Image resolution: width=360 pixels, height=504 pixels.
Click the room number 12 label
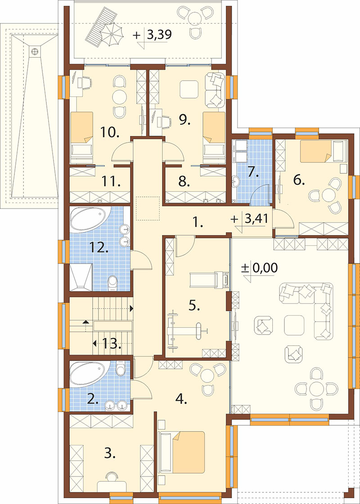[x=99, y=248]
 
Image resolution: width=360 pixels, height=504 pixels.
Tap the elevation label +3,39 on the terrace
[x=153, y=34]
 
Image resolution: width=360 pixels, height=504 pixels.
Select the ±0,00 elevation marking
[x=260, y=268]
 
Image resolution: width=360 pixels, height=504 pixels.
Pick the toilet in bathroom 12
[x=113, y=282]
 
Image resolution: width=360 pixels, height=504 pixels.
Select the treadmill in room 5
[x=209, y=280]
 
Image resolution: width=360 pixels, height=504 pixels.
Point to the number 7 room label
[x=253, y=173]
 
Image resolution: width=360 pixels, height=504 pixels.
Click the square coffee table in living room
[x=294, y=325]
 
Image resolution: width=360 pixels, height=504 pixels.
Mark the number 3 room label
[x=109, y=454]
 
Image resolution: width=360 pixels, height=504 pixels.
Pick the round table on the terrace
[x=194, y=17]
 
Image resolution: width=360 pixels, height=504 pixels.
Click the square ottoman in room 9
[x=189, y=89]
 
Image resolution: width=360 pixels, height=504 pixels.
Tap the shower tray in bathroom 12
[x=81, y=277]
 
